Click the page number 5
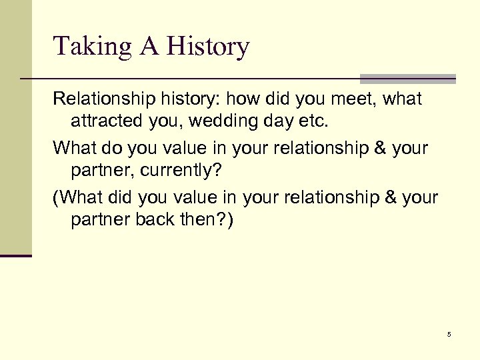[449, 335]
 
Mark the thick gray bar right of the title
[407, 77]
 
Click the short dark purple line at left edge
[15, 255]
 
